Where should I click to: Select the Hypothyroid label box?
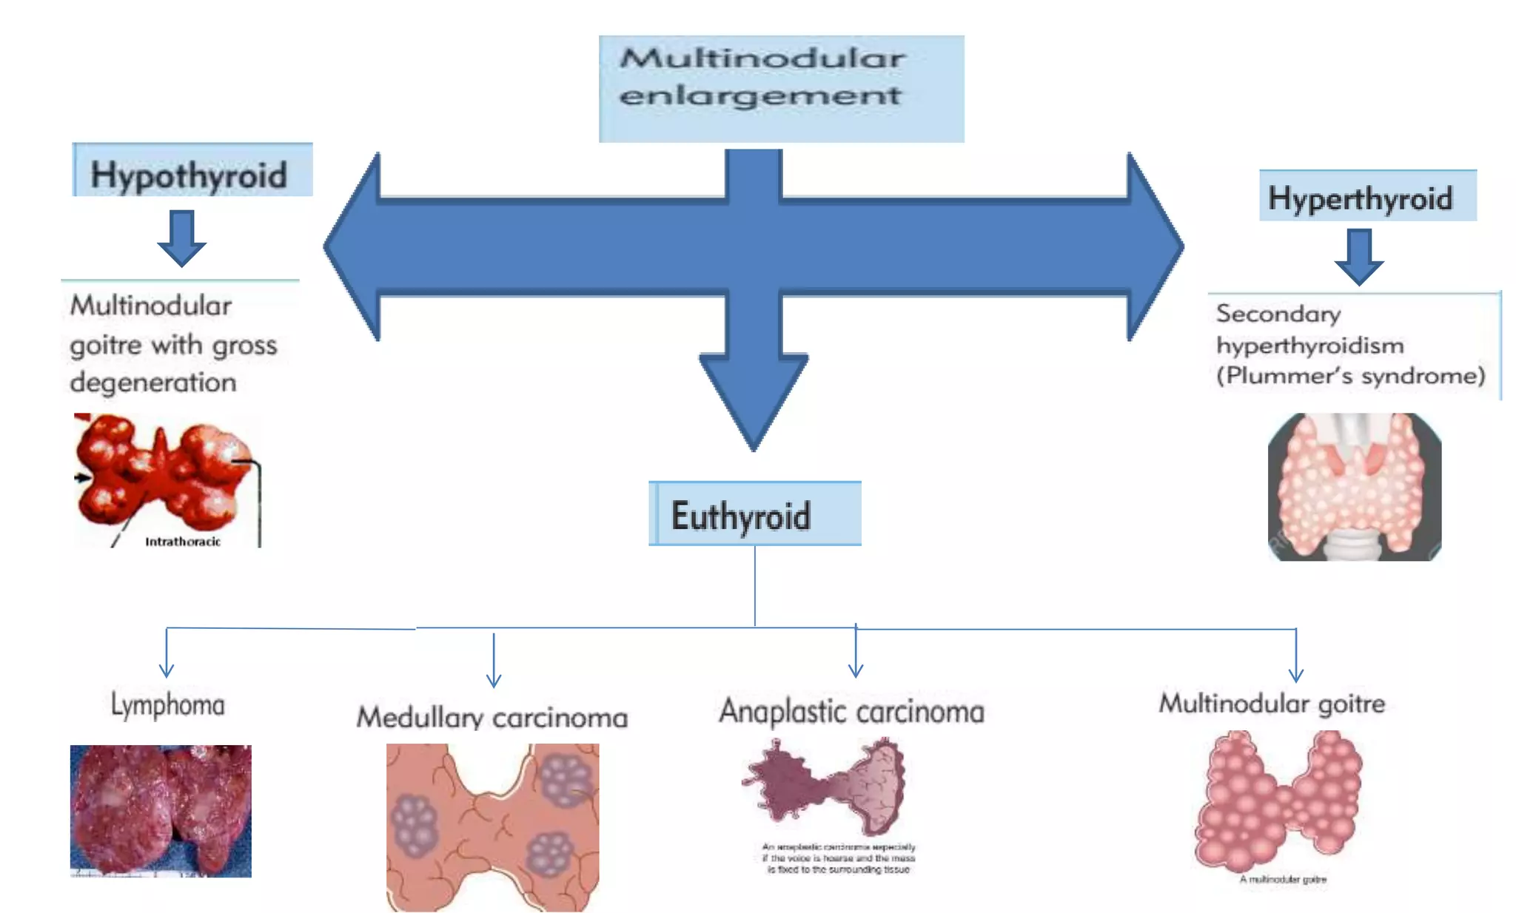click(192, 172)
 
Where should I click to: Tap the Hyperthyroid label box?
click(1366, 196)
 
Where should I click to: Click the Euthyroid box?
click(754, 514)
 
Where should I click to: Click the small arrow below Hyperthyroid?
click(1358, 257)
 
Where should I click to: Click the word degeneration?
click(153, 383)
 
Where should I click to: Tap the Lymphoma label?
click(167, 704)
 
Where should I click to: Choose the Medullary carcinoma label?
click(492, 717)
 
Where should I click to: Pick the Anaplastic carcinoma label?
click(851, 711)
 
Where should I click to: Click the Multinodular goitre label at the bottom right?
click(1271, 703)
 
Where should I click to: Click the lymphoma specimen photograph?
click(161, 810)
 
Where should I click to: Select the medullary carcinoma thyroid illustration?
click(492, 826)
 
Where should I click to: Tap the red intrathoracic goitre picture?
click(163, 474)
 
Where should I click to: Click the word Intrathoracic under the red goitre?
click(182, 542)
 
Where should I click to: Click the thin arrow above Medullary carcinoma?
click(494, 661)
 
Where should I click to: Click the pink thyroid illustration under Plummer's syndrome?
click(1354, 486)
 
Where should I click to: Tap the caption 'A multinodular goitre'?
click(1283, 879)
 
